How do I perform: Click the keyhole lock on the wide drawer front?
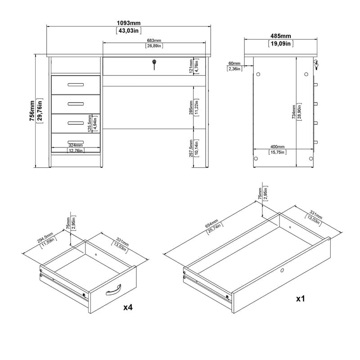click(x=154, y=65)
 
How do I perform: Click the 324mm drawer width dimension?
click(x=75, y=145)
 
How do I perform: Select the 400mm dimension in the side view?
click(x=277, y=147)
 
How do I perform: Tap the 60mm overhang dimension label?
click(x=234, y=63)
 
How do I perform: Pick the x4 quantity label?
click(x=128, y=307)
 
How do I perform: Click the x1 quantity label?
click(x=301, y=298)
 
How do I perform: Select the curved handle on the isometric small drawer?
click(x=114, y=291)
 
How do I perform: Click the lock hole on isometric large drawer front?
click(x=282, y=270)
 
